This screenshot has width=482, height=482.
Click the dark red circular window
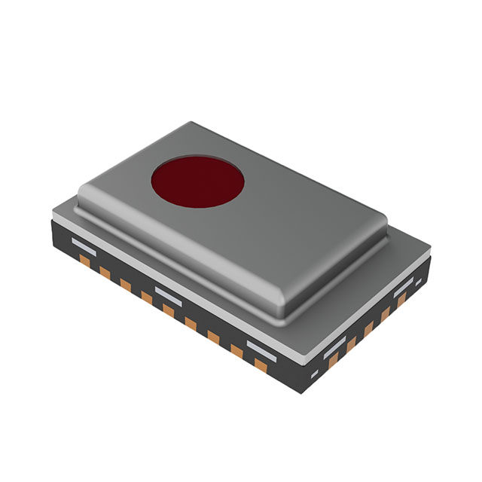click(x=197, y=182)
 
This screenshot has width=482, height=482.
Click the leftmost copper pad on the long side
click(x=84, y=262)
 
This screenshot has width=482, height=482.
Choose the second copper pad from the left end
click(x=105, y=273)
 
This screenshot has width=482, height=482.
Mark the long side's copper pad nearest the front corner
click(x=261, y=365)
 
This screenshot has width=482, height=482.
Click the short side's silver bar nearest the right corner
click(x=404, y=285)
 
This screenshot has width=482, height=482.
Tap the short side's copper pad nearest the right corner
click(x=402, y=300)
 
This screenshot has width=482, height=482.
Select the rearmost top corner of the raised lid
click(x=194, y=124)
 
